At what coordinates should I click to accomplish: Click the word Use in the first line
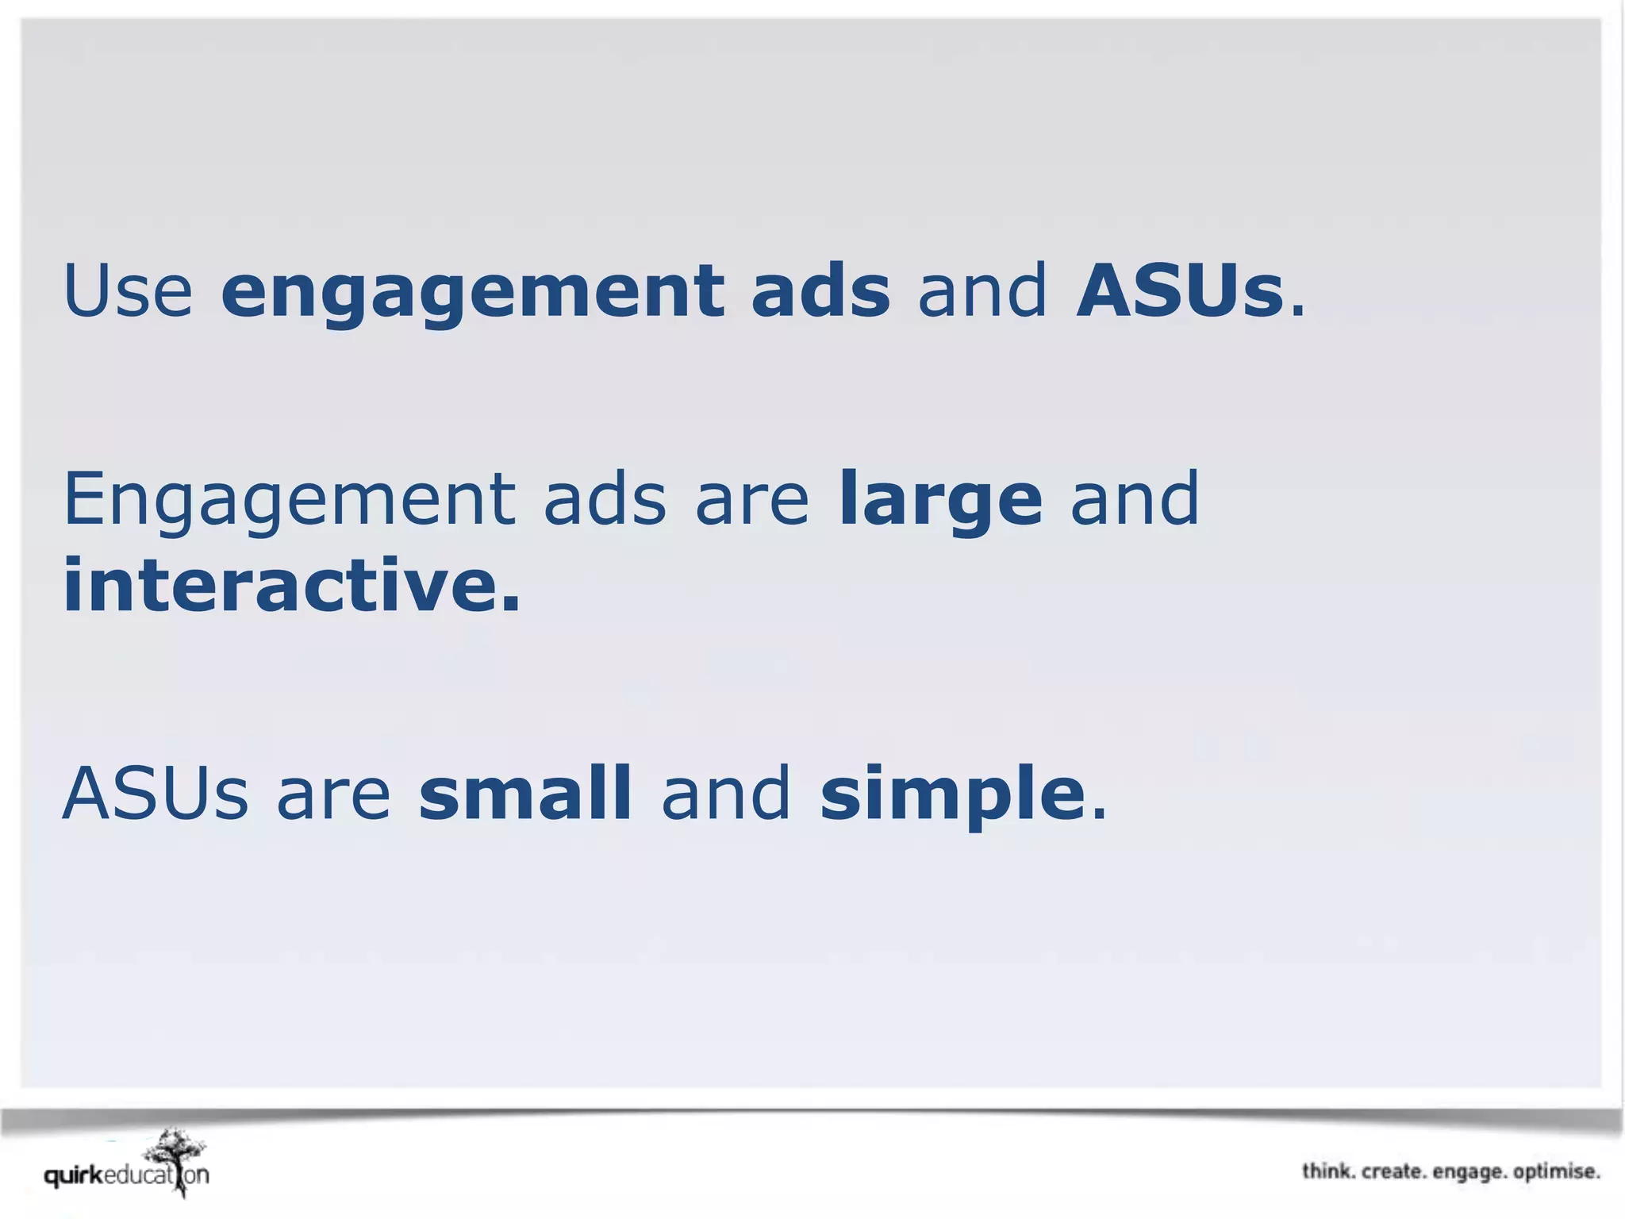tap(128, 290)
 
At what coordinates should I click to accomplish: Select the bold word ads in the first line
tap(820, 290)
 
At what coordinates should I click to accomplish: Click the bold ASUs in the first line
tap(1179, 290)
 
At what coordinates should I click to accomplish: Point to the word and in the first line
tap(982, 290)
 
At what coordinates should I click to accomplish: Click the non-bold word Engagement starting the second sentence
tap(289, 500)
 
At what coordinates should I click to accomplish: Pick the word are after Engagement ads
tap(751, 500)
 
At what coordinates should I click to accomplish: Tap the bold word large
tap(940, 500)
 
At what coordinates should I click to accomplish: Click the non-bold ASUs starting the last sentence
tap(156, 793)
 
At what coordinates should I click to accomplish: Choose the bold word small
tap(525, 793)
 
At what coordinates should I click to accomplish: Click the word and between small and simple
tap(726, 793)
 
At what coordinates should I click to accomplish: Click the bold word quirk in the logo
tap(74, 1175)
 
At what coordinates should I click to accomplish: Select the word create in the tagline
tap(1393, 1171)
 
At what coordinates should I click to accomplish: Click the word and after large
tap(1135, 500)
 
